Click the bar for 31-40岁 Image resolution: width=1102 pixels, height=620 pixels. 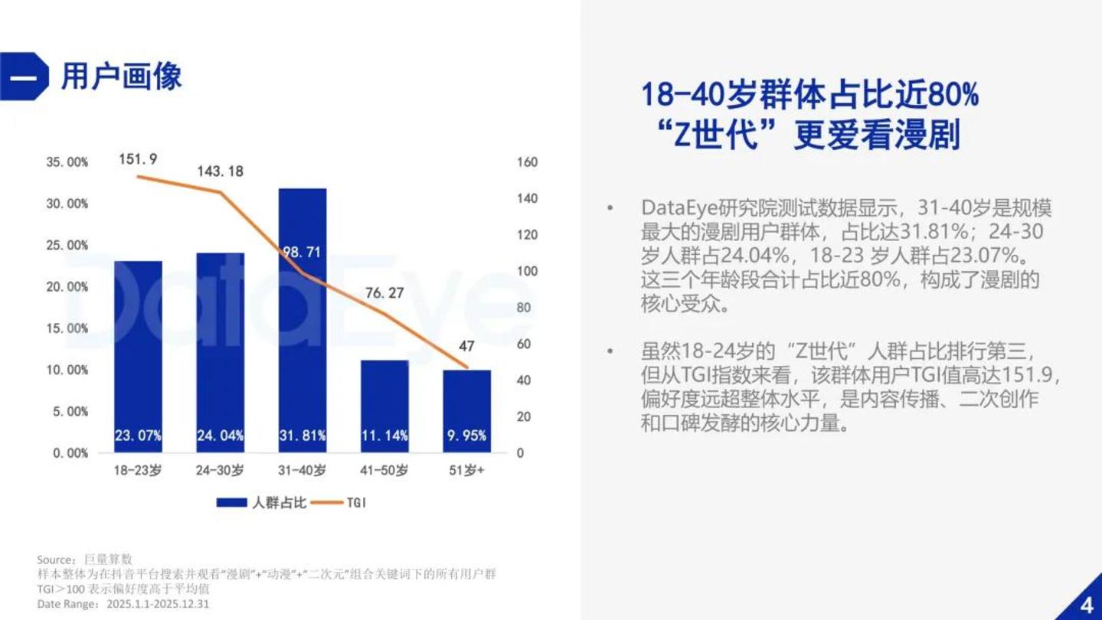(302, 320)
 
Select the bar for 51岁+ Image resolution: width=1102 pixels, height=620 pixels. (467, 411)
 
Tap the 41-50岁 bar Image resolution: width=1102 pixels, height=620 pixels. (384, 406)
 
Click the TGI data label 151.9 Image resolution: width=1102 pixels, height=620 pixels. (139, 159)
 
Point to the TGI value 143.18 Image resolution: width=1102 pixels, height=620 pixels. (221, 171)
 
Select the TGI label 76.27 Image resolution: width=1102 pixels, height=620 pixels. (384, 293)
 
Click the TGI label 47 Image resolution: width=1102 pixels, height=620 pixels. (466, 347)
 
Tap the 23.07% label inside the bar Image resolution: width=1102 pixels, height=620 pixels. (139, 436)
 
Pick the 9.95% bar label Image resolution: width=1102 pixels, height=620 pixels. (467, 436)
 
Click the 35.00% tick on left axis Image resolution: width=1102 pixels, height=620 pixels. (67, 162)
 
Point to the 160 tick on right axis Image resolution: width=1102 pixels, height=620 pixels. (527, 162)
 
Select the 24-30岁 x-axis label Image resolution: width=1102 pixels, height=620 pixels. (220, 471)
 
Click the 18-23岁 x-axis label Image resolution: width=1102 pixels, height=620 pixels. (138, 471)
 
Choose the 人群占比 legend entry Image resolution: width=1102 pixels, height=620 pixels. (262, 502)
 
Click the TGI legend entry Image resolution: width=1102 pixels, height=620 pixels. (339, 502)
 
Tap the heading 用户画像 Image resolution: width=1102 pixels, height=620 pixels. (122, 77)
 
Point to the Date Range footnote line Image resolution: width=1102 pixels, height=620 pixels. (123, 604)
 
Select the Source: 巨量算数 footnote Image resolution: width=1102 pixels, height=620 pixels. (84, 560)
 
